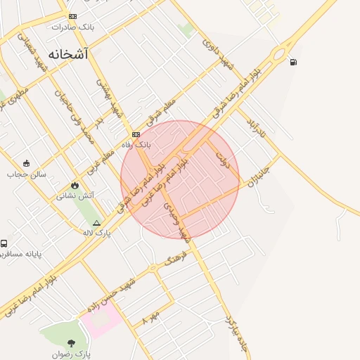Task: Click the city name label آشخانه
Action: coord(67,53)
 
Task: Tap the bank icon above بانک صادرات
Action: coord(72,16)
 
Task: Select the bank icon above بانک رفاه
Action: coord(136,134)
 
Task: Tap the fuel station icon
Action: coord(292,62)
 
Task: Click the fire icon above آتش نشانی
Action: coord(75,184)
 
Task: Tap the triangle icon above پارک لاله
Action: coord(96,222)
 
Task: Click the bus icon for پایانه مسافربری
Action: coord(4,243)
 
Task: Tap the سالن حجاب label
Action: coord(27,174)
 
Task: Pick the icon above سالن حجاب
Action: coord(26,163)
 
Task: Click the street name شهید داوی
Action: coord(217,53)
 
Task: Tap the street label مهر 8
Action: coord(151,316)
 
